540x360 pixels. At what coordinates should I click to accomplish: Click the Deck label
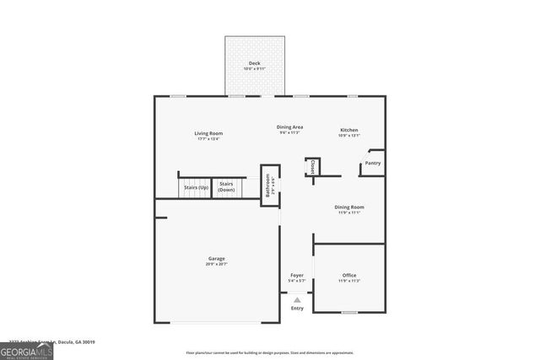[x=254, y=63]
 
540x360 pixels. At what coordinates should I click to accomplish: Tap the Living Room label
[x=208, y=133]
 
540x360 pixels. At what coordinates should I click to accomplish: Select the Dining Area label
[x=290, y=127]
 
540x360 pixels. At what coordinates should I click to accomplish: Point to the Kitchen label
[x=349, y=129]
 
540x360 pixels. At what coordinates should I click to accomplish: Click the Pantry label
[x=372, y=163]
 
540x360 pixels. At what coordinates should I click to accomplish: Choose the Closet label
[x=312, y=166]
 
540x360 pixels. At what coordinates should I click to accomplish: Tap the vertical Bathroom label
[x=269, y=185]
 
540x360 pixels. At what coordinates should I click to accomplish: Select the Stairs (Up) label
[x=197, y=186]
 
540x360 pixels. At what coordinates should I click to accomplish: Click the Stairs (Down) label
[x=226, y=186]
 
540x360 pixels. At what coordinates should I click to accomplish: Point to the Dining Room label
[x=349, y=207]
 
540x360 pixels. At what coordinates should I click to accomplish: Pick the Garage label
[x=216, y=258]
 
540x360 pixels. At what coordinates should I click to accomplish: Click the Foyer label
[x=297, y=275]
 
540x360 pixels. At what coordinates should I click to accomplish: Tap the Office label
[x=349, y=275]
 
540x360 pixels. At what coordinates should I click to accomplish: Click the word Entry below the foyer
[x=297, y=309]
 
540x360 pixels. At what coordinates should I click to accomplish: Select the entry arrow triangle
[x=297, y=298]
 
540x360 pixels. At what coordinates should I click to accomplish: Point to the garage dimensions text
[x=216, y=264]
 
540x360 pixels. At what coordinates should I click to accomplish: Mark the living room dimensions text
[x=208, y=139]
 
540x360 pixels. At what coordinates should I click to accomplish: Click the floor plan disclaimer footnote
[x=269, y=352]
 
